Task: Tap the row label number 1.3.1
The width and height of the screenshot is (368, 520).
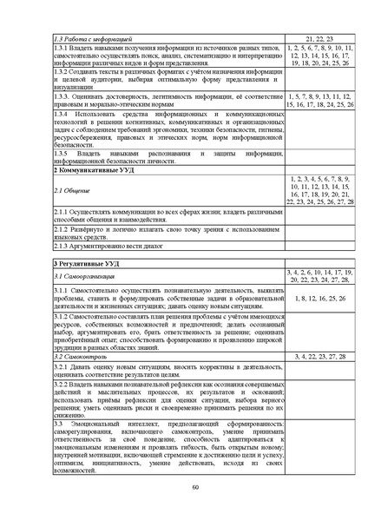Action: pos(60,49)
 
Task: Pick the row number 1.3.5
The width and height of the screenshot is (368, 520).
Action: pos(60,153)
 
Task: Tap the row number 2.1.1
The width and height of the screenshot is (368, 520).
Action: pos(60,210)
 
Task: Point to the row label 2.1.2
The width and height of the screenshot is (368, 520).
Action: pos(60,229)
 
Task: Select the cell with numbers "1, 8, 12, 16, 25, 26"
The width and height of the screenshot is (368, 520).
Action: pos(319,298)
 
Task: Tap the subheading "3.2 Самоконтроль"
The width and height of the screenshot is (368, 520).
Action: pos(82,356)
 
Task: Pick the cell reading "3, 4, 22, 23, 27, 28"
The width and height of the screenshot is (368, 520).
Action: pos(319,356)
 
